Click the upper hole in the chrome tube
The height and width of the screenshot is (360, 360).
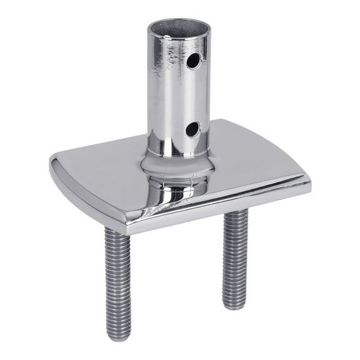[194, 61]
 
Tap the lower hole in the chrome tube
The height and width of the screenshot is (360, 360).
[192, 129]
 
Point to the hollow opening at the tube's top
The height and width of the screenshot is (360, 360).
[178, 29]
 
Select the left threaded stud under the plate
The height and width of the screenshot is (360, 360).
[117, 281]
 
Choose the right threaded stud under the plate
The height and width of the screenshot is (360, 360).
[235, 256]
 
